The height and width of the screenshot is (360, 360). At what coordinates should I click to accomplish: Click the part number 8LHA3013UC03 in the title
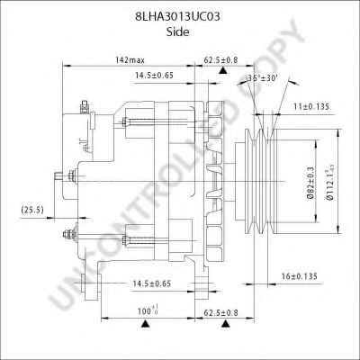point(180,15)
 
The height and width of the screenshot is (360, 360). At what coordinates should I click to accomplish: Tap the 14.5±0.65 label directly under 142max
point(154,75)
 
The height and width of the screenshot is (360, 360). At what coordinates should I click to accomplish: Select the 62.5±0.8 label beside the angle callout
point(220,59)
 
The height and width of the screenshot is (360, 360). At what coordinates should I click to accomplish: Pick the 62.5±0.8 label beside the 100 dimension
point(221,311)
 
